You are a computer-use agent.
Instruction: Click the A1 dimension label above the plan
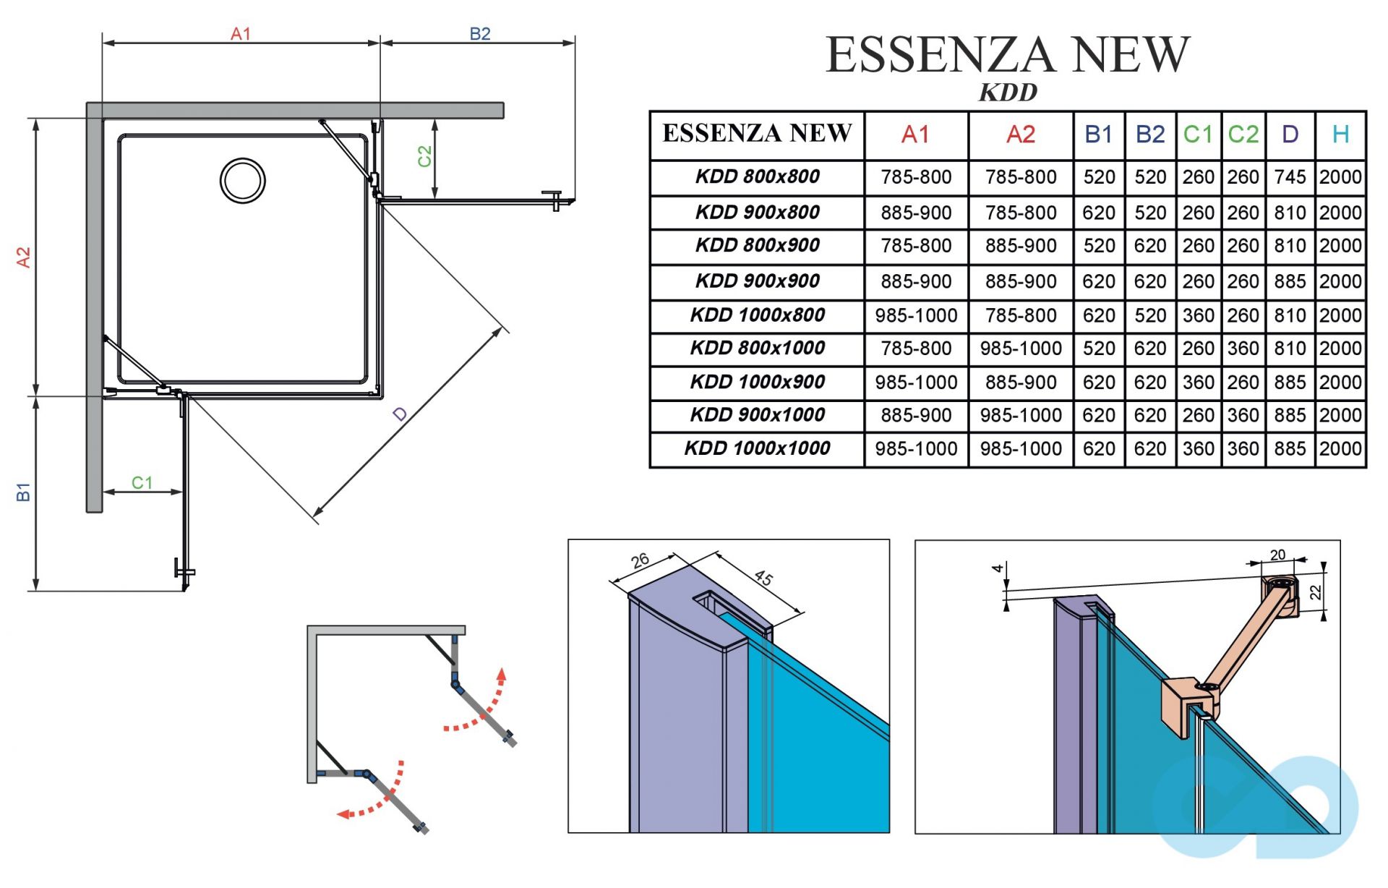point(240,34)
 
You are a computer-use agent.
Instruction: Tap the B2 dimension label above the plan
point(479,34)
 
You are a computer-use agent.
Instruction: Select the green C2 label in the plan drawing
point(424,155)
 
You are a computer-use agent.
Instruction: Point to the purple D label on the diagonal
point(400,414)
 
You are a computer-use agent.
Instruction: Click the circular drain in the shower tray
point(243,181)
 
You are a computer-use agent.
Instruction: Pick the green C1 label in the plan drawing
point(142,482)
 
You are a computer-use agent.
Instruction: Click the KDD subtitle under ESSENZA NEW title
point(1008,93)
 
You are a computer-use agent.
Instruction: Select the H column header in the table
point(1340,135)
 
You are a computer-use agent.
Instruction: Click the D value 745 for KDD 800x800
point(1290,177)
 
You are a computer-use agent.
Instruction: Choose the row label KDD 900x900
point(757,281)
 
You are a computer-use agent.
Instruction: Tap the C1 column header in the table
point(1198,135)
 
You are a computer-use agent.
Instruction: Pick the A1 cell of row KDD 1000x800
point(915,316)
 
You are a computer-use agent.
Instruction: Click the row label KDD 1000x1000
point(757,448)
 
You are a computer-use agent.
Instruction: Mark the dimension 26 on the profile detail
point(640,560)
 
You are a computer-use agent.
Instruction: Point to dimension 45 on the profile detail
point(763,578)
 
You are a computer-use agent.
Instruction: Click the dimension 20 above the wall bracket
point(1277,555)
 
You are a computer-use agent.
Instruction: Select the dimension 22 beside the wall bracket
point(1316,592)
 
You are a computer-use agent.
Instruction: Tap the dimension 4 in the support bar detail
point(998,568)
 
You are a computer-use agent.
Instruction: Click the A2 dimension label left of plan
point(23,257)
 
